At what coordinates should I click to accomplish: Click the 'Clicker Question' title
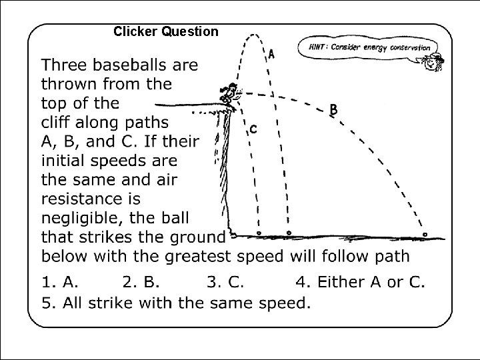[165, 31]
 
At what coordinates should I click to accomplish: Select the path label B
[333, 110]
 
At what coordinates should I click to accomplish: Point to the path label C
[253, 129]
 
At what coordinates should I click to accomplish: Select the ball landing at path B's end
[425, 235]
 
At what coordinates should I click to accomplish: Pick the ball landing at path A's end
[289, 233]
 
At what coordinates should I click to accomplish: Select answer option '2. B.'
[144, 281]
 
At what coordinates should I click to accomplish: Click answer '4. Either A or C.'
[360, 281]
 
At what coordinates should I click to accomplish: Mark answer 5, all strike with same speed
[176, 303]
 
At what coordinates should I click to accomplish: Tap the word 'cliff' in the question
[59, 123]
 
